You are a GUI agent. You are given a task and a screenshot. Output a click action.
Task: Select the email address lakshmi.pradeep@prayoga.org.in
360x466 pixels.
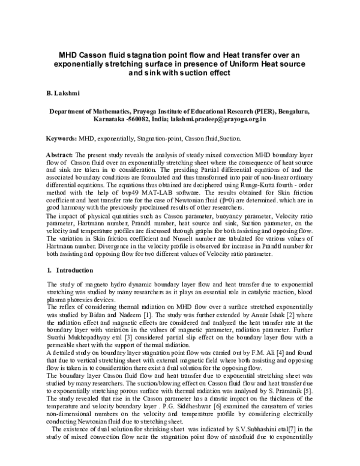pyautogui.click(x=218, y=120)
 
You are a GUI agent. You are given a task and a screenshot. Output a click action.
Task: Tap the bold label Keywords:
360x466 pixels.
pyautogui.click(x=62, y=138)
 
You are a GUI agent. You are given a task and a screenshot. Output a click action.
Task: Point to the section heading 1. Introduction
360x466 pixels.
pyautogui.click(x=70, y=271)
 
